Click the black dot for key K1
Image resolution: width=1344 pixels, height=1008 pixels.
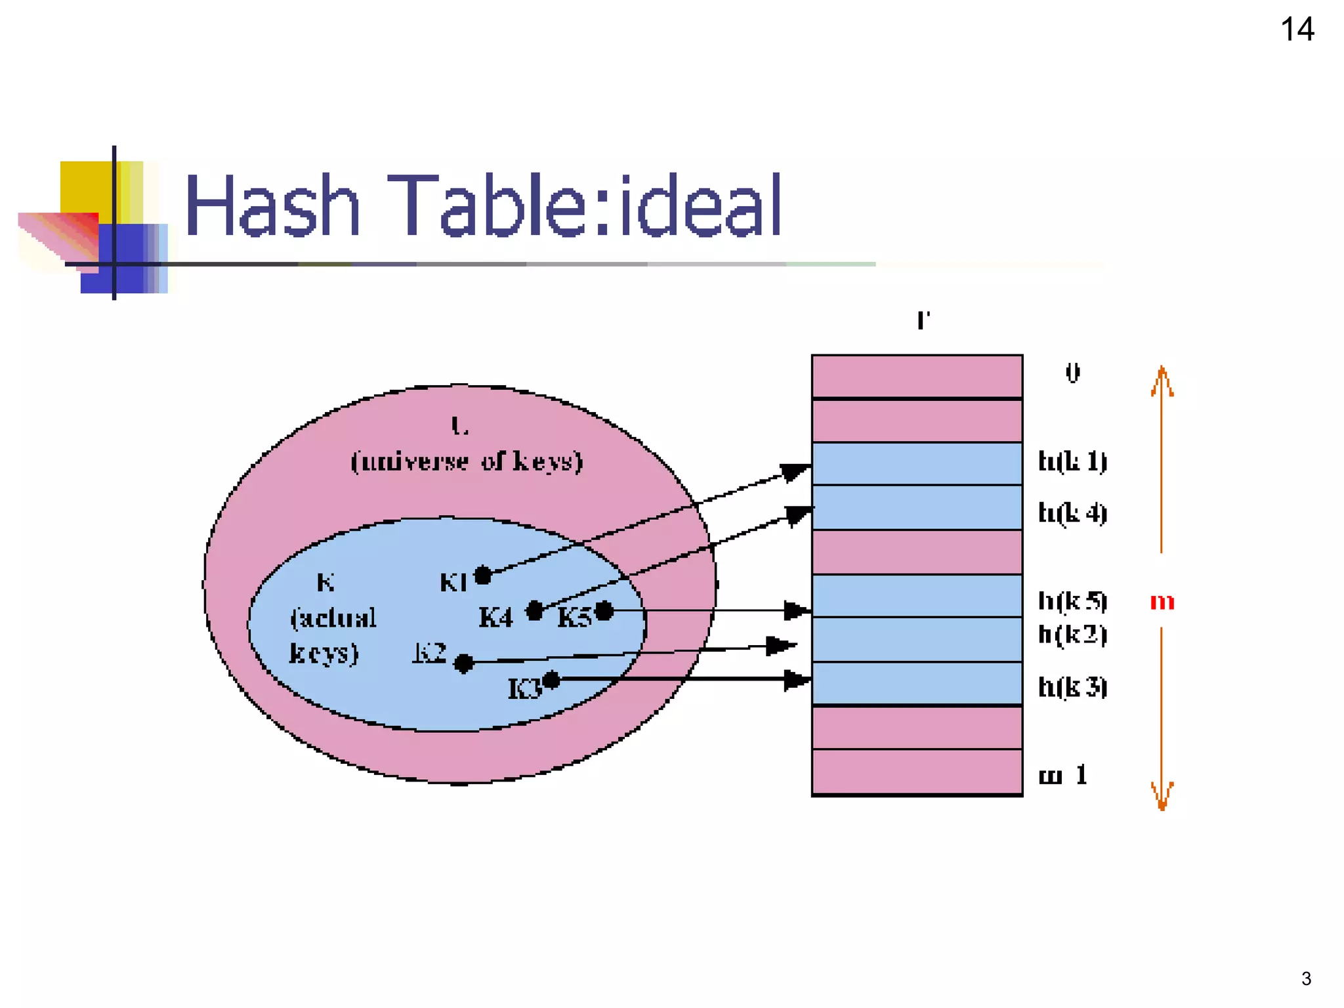(483, 576)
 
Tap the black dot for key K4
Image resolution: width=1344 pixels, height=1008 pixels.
(535, 611)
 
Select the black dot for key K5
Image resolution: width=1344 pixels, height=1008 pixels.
(604, 611)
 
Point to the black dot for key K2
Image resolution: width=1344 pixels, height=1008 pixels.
(463, 663)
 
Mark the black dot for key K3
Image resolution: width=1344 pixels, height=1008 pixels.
(551, 681)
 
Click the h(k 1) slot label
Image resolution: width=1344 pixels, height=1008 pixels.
(1072, 461)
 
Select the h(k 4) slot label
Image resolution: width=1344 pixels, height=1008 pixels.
(1072, 513)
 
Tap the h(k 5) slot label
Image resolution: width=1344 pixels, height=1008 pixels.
(1072, 600)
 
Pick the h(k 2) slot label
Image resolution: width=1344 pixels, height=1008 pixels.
(1072, 635)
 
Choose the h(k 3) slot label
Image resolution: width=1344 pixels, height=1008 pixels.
(1072, 687)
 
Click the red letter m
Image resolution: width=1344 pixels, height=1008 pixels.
(1162, 601)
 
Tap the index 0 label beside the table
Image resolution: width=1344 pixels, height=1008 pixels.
(1072, 373)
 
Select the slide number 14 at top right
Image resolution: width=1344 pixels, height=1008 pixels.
(1297, 30)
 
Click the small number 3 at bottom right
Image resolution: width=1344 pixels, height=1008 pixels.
(1306, 979)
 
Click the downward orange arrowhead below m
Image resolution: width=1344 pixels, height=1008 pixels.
(1162, 795)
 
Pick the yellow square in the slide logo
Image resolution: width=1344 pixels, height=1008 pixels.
(85, 187)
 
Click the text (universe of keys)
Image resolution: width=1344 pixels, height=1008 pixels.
(467, 461)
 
